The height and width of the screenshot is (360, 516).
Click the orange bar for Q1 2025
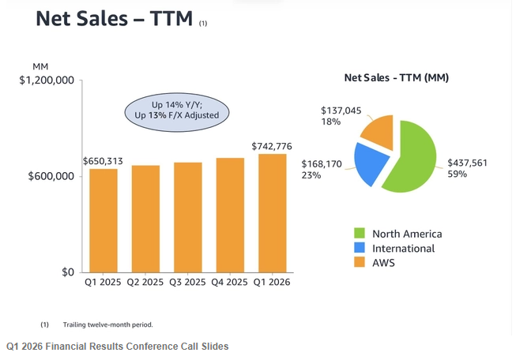coord(104,220)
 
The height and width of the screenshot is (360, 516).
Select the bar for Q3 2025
coord(188,217)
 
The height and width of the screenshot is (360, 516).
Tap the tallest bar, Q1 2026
coord(273,213)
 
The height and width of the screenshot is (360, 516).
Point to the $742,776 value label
coord(272,146)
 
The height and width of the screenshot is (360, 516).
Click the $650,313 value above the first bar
coord(103,161)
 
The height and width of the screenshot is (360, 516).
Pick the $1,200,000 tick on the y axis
coord(47,81)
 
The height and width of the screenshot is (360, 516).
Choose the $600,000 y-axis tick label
coord(51,176)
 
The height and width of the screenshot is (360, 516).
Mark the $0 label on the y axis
coord(68,272)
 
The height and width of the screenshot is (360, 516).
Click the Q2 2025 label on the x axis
coord(145,282)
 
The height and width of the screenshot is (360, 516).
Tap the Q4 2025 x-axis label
coord(229,282)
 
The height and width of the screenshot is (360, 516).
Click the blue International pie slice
coord(371,163)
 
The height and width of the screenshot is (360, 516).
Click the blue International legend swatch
coord(360,248)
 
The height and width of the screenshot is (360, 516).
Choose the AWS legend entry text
coord(383,263)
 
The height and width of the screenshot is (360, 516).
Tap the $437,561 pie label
coord(467,163)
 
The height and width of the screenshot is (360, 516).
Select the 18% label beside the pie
coord(331,122)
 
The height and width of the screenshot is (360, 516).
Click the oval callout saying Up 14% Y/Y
coord(177,112)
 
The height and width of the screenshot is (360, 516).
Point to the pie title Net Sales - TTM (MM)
coord(397,77)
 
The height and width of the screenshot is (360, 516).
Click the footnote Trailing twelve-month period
coord(108,324)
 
